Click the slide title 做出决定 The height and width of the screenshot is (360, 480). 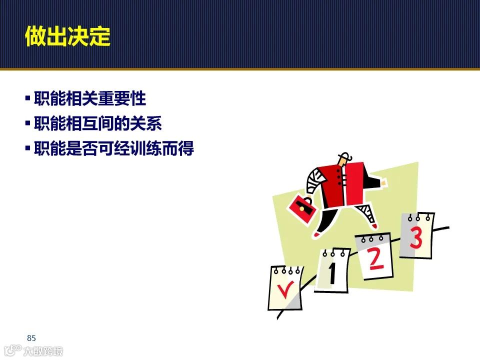click(67, 36)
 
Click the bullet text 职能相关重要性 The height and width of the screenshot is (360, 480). click(90, 98)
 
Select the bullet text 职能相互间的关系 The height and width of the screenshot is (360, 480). click(98, 123)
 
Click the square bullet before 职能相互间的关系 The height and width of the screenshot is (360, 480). click(27, 122)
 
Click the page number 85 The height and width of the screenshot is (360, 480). click(31, 337)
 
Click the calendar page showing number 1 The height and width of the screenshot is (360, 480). click(332, 270)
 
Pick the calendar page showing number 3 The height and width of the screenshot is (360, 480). click(416, 235)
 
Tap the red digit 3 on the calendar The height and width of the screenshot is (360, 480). click(416, 238)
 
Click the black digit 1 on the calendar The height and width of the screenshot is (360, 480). click(332, 273)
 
